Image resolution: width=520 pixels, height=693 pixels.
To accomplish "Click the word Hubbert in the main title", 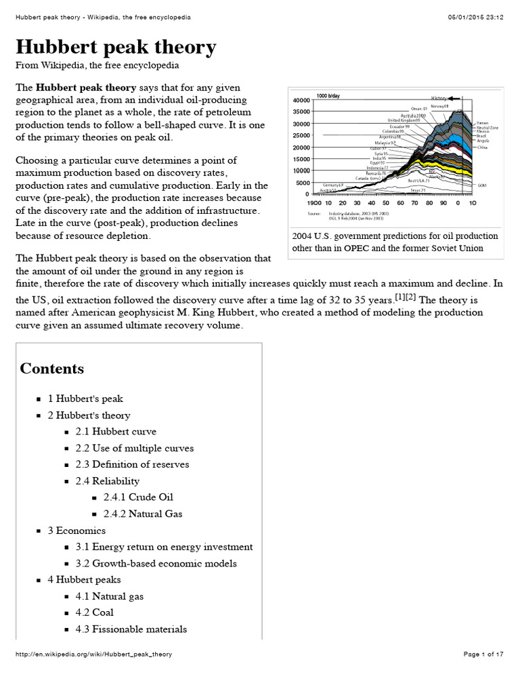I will [x=59, y=47].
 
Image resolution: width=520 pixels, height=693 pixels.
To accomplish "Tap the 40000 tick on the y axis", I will [x=301, y=100].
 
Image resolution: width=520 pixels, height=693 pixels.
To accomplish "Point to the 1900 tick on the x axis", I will [x=314, y=202].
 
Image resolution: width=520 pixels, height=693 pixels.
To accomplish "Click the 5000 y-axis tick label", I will [x=302, y=183].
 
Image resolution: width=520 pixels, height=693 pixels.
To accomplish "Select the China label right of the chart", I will [x=481, y=147].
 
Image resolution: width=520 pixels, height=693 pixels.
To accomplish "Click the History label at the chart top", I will [x=439, y=98].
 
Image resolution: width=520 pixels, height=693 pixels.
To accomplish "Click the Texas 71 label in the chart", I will [x=418, y=190].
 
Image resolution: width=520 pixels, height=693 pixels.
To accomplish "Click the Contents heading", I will [x=52, y=369].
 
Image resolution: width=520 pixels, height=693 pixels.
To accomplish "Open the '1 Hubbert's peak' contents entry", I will [x=85, y=399].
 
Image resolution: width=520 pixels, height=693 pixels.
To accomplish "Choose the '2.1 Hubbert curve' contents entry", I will [x=116, y=431].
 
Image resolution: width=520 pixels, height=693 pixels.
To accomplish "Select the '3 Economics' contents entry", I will [x=77, y=531].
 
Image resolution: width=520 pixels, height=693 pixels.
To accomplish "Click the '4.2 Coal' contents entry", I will [x=94, y=612].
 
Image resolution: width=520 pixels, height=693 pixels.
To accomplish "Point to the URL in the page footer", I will [x=89, y=654].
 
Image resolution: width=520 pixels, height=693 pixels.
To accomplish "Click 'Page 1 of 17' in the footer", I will [x=483, y=654].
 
